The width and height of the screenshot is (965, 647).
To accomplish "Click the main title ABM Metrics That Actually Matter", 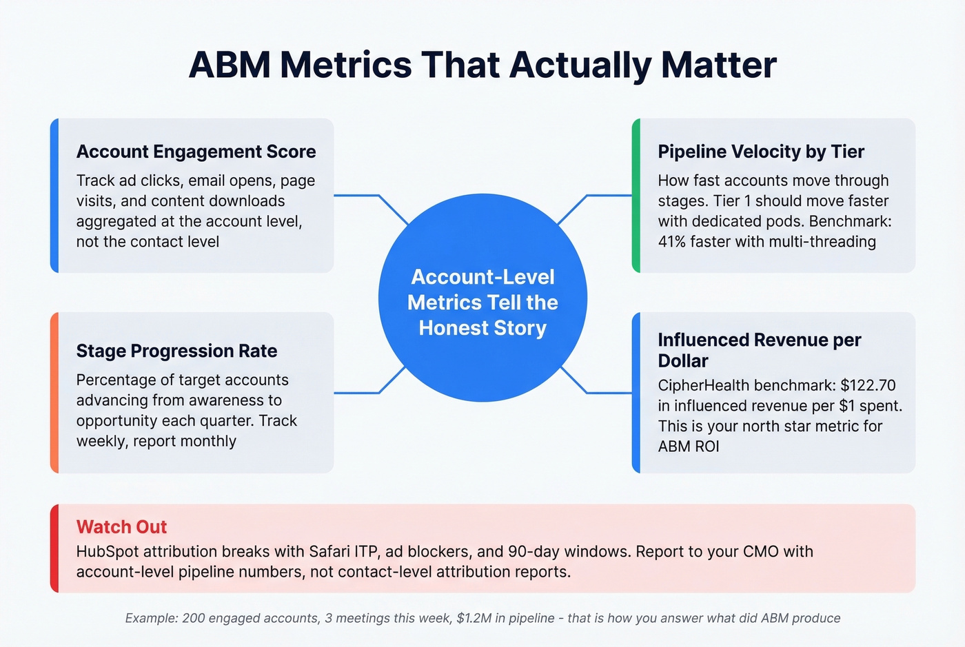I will [x=482, y=65].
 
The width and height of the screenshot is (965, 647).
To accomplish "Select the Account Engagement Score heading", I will [x=196, y=152].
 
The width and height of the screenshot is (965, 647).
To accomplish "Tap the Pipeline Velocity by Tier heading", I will [x=760, y=152].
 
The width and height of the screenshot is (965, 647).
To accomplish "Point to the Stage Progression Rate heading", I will [x=176, y=351].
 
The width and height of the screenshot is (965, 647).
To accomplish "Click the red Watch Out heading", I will [x=121, y=527].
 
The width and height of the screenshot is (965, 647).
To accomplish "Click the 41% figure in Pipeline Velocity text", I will [x=672, y=242].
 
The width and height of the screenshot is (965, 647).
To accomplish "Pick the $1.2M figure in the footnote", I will [x=474, y=618].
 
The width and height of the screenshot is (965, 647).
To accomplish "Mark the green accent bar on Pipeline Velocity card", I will [x=636, y=196].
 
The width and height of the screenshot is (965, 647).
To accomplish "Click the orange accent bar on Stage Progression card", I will [x=54, y=393].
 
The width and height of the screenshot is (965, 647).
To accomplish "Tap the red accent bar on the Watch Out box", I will [x=54, y=548].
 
